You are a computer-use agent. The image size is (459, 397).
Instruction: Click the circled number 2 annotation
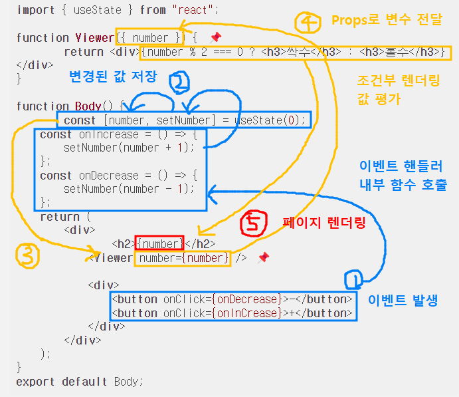coord(180,82)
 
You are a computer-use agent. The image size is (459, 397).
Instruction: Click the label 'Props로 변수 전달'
coord(387,19)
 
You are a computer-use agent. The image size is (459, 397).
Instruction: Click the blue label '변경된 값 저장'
coord(113,76)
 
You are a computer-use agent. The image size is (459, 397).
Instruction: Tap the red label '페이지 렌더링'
coord(324,223)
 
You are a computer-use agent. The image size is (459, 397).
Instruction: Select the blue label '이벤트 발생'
coord(403,299)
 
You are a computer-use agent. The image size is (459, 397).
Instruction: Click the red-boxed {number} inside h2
coord(159,244)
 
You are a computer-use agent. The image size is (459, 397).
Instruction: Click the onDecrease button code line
coord(232,299)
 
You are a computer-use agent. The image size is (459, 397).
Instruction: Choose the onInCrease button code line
coord(232,313)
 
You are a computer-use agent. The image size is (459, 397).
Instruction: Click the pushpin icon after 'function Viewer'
coord(215,38)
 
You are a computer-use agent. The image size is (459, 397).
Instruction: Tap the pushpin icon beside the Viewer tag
coord(264,257)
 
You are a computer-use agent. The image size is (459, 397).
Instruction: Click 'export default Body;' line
coord(80,382)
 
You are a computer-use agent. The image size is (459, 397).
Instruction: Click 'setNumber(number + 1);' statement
coord(130,147)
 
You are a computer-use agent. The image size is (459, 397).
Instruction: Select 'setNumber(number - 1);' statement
coord(130,188)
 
